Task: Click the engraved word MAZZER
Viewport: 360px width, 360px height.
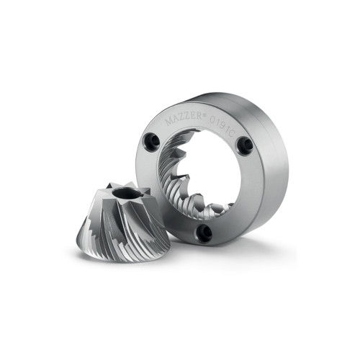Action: coord(184,119)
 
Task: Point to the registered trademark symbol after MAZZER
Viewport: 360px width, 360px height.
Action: coord(204,115)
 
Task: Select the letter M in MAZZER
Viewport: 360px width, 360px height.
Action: coord(169,122)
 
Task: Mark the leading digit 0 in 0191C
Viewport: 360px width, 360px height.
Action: coord(212,120)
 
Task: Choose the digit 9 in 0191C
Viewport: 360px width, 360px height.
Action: coord(221,124)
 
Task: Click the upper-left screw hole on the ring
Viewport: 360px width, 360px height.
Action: coord(152,141)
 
